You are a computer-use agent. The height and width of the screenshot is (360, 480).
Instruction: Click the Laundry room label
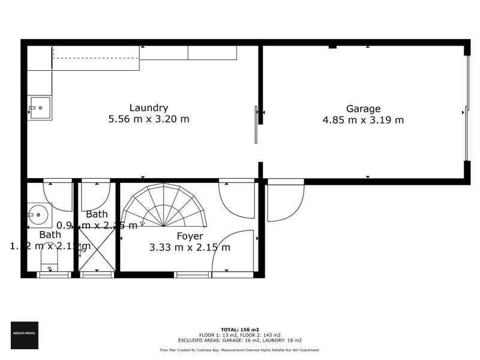point(148,108)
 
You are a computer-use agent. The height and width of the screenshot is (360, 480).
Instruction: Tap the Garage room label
point(364,109)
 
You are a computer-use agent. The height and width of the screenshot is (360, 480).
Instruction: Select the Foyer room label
point(190,236)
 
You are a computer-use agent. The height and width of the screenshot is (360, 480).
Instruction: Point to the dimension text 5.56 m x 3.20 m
point(148,119)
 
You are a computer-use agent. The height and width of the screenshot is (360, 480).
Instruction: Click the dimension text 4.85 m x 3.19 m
point(364,119)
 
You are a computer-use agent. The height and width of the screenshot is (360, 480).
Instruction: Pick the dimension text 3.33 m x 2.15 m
point(190,247)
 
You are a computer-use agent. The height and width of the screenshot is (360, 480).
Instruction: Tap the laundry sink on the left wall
point(40,108)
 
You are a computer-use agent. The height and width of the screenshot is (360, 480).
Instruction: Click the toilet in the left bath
point(49,259)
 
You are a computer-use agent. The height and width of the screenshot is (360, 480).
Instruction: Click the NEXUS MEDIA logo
point(25,335)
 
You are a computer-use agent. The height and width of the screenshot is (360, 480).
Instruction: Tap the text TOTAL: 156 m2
point(240,330)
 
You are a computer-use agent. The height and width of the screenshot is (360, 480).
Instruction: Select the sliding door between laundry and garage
point(256,125)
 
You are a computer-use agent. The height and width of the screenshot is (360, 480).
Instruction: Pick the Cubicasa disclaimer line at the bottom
point(240,350)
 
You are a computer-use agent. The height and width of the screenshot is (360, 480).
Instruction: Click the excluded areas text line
point(240,340)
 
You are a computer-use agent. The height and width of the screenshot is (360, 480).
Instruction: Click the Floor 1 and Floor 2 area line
point(240,335)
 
